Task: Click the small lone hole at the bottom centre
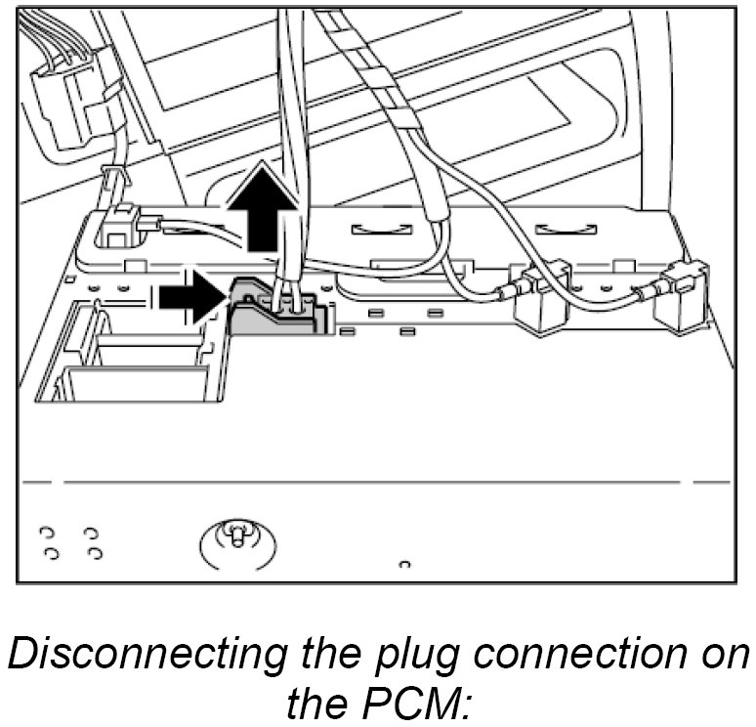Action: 404,564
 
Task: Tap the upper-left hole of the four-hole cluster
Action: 46,534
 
